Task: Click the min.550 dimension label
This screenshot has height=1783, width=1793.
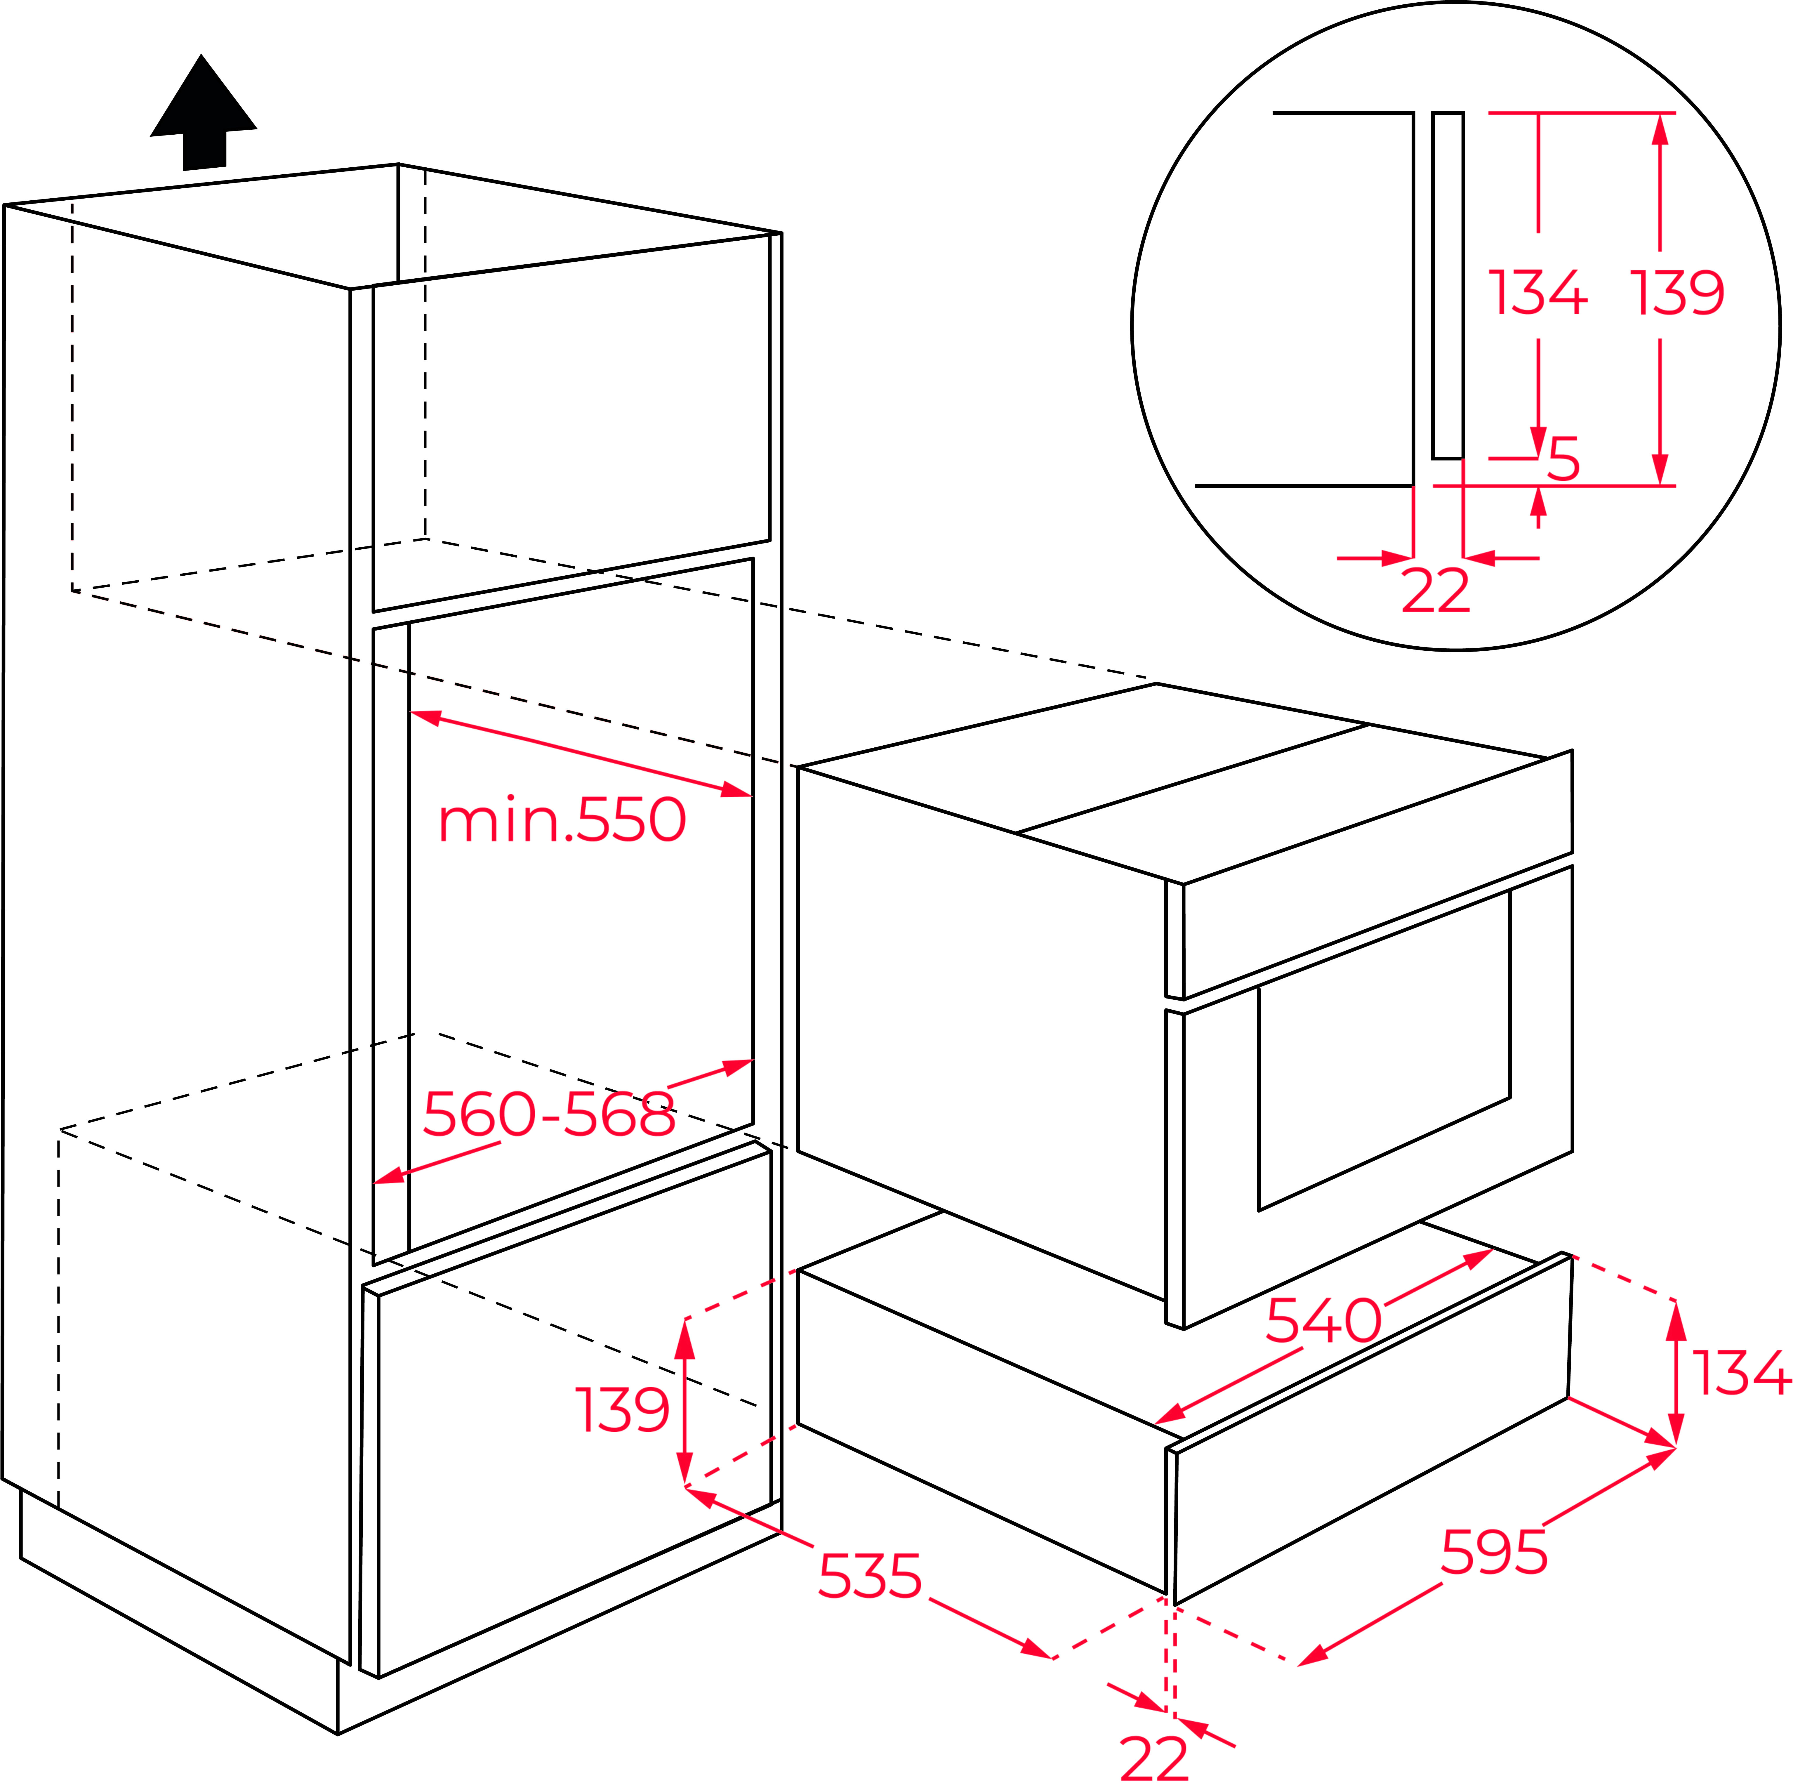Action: (562, 820)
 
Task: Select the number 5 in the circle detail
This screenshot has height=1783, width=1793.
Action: (1564, 459)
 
